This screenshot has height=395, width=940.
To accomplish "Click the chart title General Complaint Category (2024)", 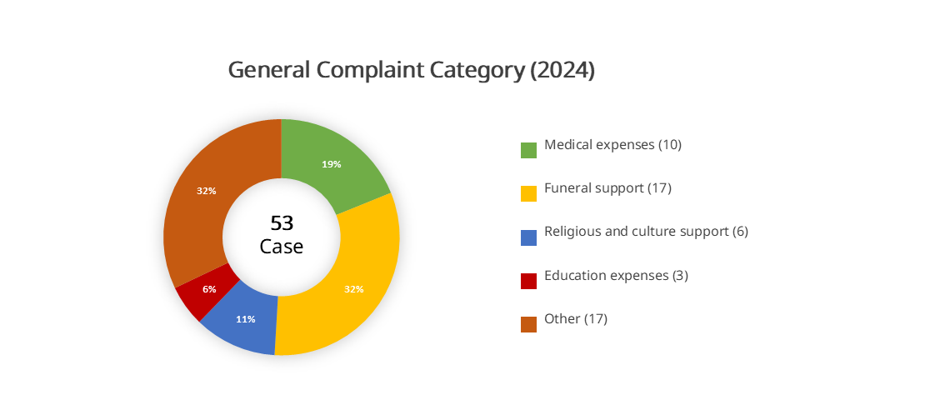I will [x=412, y=71].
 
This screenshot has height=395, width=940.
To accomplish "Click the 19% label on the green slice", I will [x=332, y=164].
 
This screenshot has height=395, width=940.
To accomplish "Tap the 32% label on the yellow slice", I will [x=354, y=289].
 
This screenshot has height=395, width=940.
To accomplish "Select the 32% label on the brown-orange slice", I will [x=207, y=191].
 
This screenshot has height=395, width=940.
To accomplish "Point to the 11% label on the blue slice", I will [x=246, y=319].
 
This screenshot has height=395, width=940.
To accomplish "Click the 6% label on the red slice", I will [x=209, y=289].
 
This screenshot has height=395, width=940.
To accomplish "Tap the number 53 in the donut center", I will [x=282, y=223].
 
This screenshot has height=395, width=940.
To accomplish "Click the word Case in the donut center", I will [x=282, y=247].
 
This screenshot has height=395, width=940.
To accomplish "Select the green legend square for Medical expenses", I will [x=528, y=150].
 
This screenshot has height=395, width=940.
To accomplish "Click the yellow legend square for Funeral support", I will [x=528, y=193].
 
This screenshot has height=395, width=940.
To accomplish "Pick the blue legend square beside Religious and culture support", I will [x=528, y=237].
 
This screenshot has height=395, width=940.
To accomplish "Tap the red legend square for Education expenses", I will [x=528, y=281].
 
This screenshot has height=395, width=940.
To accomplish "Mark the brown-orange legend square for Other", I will [x=528, y=324].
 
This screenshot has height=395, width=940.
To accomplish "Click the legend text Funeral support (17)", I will [x=607, y=187].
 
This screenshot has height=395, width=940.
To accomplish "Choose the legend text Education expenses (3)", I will [x=616, y=275].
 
